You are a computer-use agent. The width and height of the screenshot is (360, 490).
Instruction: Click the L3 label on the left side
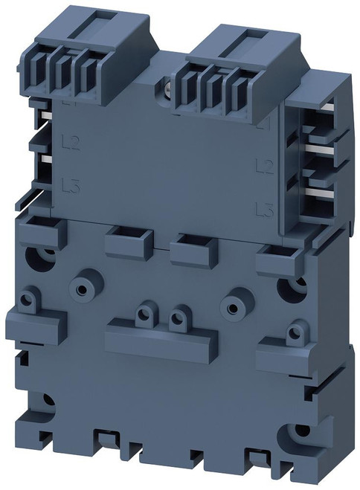70,183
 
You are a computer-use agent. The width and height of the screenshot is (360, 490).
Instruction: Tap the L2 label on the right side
261,164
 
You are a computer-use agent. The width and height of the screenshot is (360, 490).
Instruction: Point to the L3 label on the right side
261,209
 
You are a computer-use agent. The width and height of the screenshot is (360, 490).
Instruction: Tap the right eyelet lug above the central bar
178,318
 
